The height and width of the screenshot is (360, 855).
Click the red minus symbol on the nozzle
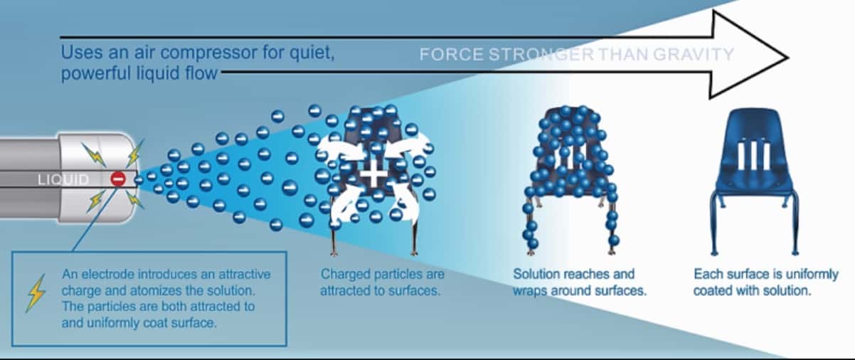tap(118, 179)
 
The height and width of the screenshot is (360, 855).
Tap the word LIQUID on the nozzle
tap(63, 179)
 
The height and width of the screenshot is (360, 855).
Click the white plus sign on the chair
tap(373, 174)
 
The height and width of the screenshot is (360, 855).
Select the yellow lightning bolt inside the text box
tap(36, 293)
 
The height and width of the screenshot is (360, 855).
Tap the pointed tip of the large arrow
tap(788, 58)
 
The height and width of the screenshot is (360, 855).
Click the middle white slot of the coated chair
tap(752, 157)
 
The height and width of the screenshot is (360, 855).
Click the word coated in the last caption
tap(713, 291)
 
